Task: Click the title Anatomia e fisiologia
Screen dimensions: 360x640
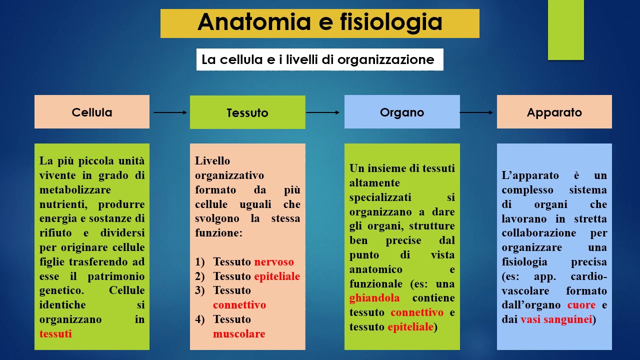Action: (319, 23)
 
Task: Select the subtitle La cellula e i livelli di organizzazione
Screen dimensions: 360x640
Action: (318, 60)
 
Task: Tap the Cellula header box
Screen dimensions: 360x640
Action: (92, 112)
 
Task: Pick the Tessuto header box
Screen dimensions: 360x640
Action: (247, 112)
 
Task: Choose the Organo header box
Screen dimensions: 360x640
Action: (402, 112)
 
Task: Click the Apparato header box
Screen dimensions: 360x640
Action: (554, 112)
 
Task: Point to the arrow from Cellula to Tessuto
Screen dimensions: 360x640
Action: (170, 112)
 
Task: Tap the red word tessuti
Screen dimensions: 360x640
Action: (55, 334)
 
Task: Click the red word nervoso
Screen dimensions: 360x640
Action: (274, 262)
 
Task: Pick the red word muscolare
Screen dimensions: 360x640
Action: (239, 334)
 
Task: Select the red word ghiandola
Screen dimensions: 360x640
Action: (374, 298)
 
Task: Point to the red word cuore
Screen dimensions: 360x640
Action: (581, 305)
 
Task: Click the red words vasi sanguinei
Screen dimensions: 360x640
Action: (556, 319)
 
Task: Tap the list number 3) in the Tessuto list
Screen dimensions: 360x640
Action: (200, 290)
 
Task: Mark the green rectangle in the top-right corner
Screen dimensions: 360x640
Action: (565, 29)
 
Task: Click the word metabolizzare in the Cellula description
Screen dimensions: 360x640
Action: (75, 190)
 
